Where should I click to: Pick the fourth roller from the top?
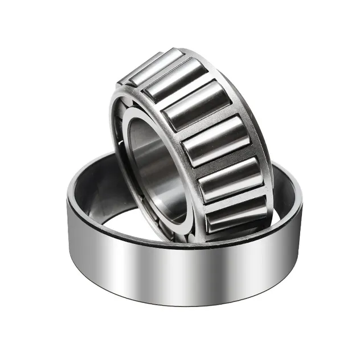218,142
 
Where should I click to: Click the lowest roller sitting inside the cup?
236,213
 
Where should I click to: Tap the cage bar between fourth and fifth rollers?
224,161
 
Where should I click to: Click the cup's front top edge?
171,243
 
